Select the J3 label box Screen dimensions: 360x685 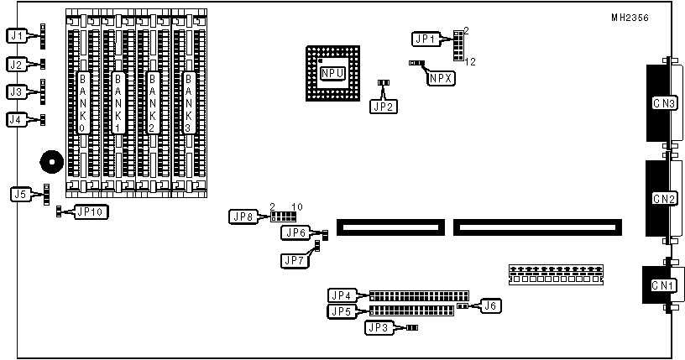click(x=17, y=91)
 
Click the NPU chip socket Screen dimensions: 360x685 click(x=332, y=74)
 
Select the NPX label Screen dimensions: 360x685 click(x=440, y=79)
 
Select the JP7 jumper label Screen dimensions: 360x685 click(x=295, y=260)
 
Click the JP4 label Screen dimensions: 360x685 click(x=342, y=295)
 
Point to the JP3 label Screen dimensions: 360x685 click(x=378, y=328)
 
